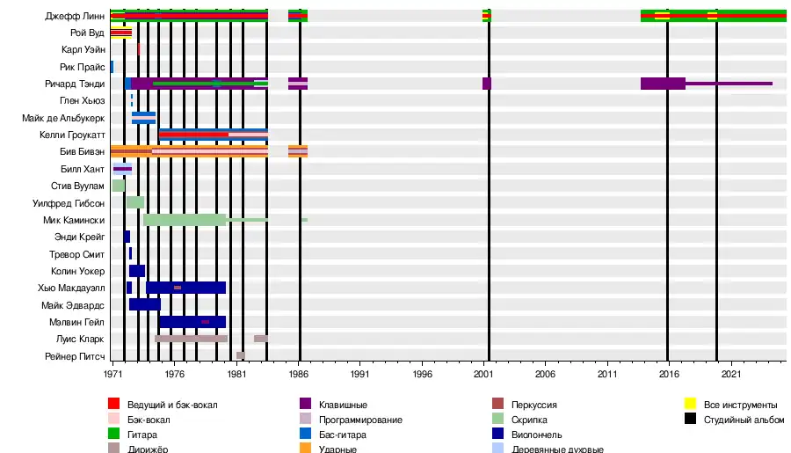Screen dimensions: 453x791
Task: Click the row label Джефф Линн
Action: pos(76,17)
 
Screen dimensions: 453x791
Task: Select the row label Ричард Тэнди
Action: pos(75,84)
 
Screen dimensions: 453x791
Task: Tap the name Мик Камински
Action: pos(74,220)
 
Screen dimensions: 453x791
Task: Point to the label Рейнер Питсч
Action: pos(76,356)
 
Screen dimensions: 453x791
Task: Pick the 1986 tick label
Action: pos(299,374)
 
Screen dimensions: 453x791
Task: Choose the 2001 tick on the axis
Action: pos(484,374)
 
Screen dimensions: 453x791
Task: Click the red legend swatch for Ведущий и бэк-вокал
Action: pos(113,405)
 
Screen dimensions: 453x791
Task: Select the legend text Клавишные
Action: pos(342,405)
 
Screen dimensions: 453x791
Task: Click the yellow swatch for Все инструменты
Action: pos(690,405)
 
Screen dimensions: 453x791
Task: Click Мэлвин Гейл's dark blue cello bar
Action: pos(192,322)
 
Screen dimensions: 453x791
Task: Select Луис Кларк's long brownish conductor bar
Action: pos(191,339)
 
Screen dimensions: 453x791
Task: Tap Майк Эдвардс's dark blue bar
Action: pos(144,304)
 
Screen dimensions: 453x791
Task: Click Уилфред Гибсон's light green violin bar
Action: pos(134,202)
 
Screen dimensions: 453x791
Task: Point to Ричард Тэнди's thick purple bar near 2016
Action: pos(663,84)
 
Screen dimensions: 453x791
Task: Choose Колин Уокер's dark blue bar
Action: pos(136,271)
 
